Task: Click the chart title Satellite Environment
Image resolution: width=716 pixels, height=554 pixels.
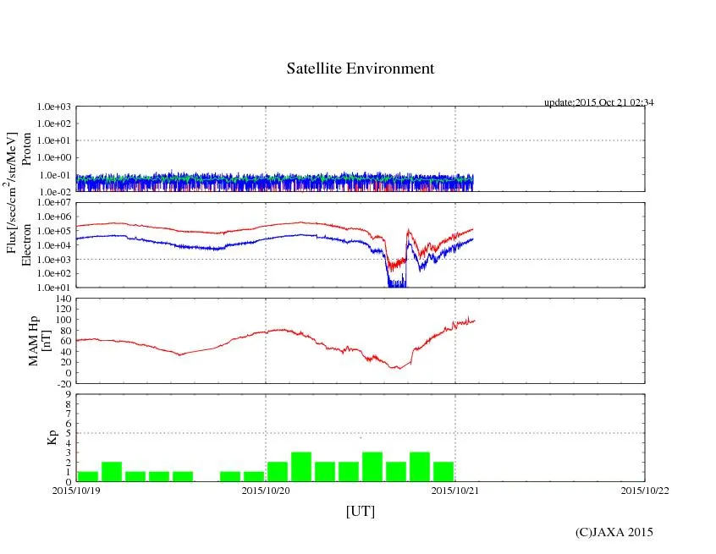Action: click(x=361, y=69)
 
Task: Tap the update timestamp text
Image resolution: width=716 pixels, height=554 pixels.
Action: click(x=598, y=102)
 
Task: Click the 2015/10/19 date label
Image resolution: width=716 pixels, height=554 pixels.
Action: click(x=76, y=491)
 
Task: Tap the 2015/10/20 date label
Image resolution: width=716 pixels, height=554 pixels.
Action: click(x=266, y=491)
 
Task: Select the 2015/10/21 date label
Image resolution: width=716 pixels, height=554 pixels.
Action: click(x=455, y=491)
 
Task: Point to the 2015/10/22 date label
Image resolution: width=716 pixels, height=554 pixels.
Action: click(x=645, y=491)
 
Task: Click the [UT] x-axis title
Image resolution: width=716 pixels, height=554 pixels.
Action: click(x=361, y=512)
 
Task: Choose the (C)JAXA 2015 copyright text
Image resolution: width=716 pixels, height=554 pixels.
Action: click(x=614, y=532)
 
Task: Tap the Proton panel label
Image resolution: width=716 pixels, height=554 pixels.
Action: click(x=26, y=150)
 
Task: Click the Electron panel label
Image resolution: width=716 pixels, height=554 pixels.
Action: click(x=26, y=245)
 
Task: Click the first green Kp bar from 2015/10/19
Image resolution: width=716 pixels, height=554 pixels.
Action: click(x=88, y=476)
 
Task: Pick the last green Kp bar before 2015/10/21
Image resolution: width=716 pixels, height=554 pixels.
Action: click(x=443, y=472)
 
